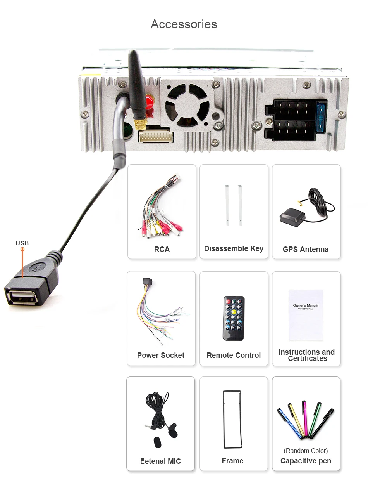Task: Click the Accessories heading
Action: point(184,24)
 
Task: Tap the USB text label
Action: point(22,243)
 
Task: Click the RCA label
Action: point(162,249)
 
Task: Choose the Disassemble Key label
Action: point(234,248)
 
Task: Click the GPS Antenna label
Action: point(306,249)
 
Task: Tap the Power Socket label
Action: point(161,355)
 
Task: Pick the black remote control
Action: point(234,318)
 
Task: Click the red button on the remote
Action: point(228,302)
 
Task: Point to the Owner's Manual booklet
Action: point(306,314)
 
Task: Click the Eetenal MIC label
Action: point(160,461)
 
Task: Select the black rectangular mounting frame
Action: point(232,419)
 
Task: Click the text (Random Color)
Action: point(306,451)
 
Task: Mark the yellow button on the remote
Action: point(234,311)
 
